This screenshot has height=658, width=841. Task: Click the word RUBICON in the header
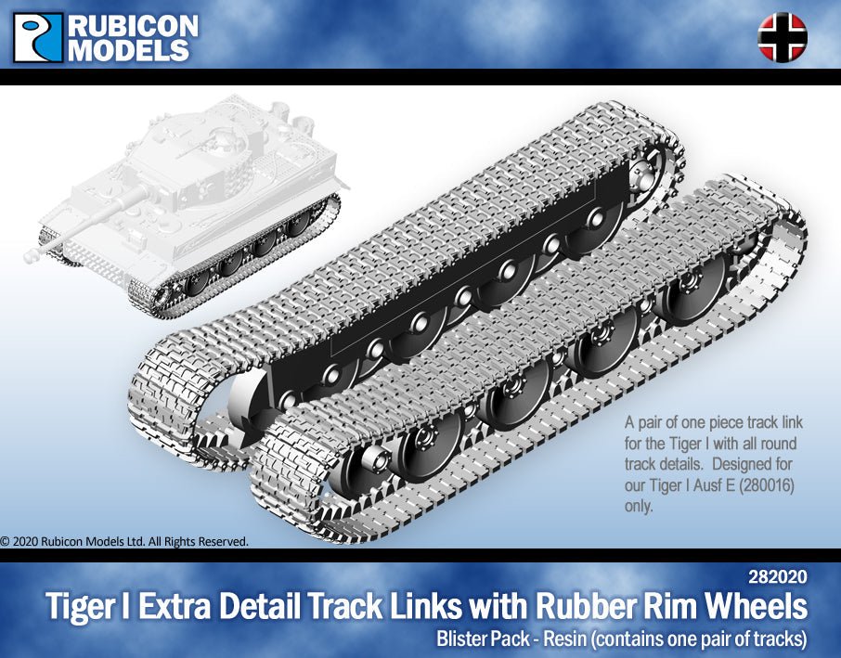(133, 26)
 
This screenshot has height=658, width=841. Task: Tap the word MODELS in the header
(129, 50)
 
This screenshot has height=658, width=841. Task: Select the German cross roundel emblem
(783, 37)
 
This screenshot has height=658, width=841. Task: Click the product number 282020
(777, 576)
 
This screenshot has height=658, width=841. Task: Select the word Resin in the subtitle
(568, 639)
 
